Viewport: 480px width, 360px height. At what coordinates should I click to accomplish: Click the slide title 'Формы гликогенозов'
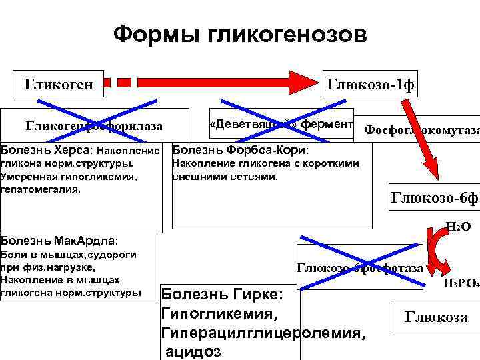(239, 34)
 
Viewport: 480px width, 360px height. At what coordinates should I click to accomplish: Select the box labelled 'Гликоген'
(59, 84)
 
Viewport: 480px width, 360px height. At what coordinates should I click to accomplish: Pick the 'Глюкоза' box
(436, 317)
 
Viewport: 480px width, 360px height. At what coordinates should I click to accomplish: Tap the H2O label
(458, 227)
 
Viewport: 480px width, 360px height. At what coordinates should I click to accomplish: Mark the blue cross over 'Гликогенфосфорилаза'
(94, 125)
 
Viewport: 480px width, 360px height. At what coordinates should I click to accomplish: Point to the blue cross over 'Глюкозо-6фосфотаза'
(359, 267)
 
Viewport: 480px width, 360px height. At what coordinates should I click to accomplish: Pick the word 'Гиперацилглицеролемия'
(263, 331)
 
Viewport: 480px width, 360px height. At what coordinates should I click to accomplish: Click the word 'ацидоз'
(194, 351)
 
